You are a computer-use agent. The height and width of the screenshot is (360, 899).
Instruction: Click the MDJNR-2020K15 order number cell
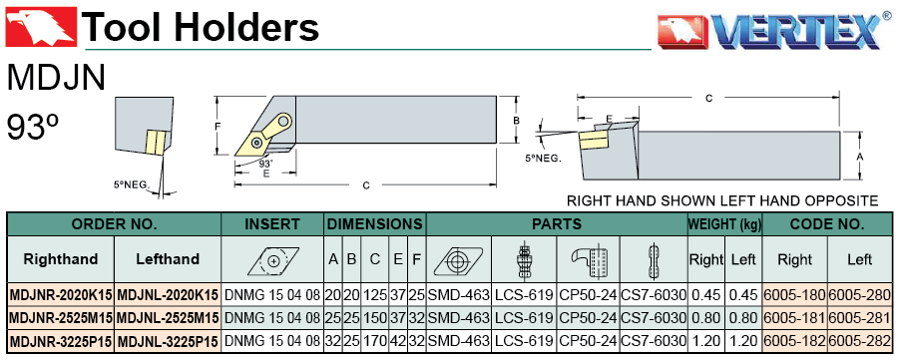click(x=61, y=294)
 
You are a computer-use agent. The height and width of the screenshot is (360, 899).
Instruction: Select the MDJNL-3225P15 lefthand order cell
click(x=168, y=342)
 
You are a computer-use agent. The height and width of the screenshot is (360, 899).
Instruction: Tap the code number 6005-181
click(x=795, y=318)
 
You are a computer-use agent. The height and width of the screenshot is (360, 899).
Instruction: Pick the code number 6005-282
click(x=859, y=342)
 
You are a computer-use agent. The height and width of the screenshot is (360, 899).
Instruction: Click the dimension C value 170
click(x=375, y=342)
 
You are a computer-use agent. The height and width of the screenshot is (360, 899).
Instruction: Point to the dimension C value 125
click(x=375, y=294)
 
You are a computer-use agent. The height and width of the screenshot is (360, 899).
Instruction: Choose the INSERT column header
click(x=272, y=224)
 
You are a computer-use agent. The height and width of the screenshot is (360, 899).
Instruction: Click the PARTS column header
click(x=557, y=224)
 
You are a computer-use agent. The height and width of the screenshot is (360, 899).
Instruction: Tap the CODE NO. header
click(x=827, y=224)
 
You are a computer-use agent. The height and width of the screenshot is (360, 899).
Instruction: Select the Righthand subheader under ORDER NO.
click(x=61, y=259)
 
